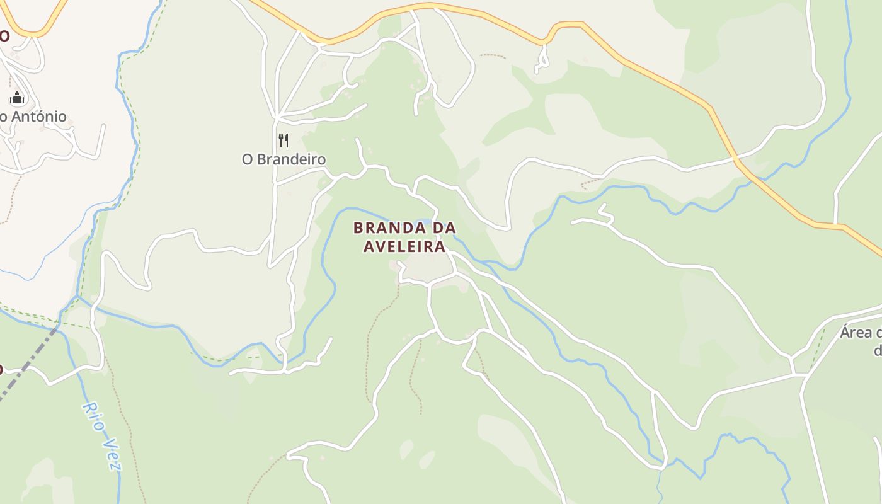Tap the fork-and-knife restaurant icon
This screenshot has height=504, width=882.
(x=283, y=140)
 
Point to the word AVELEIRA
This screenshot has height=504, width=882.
(x=404, y=246)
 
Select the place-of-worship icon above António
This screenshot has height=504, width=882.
(x=17, y=98)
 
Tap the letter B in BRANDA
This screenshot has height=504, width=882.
(x=358, y=227)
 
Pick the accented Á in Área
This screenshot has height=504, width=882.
(x=845, y=332)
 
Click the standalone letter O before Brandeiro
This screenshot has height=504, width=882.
(x=248, y=159)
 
